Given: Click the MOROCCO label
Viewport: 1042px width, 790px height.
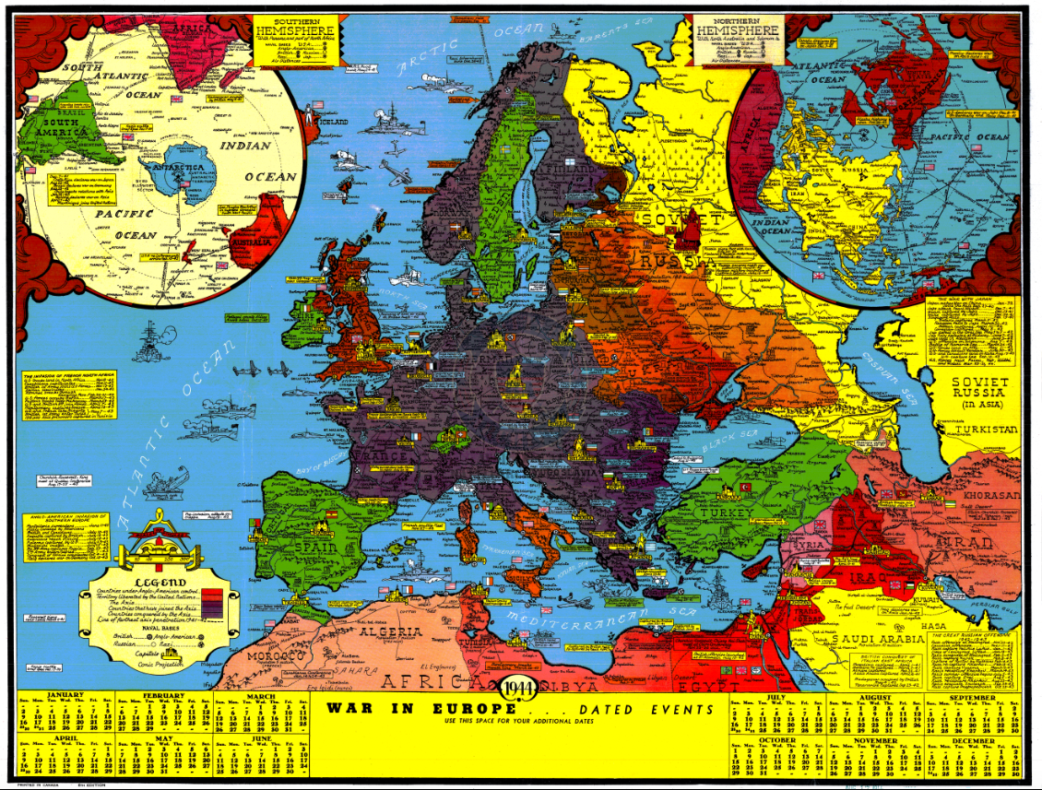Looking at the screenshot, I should pyautogui.click(x=277, y=654).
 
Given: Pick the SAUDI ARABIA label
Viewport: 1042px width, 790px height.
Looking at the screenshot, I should pyautogui.click(x=878, y=639).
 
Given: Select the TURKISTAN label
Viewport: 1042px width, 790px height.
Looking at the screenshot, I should pyautogui.click(x=986, y=430).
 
